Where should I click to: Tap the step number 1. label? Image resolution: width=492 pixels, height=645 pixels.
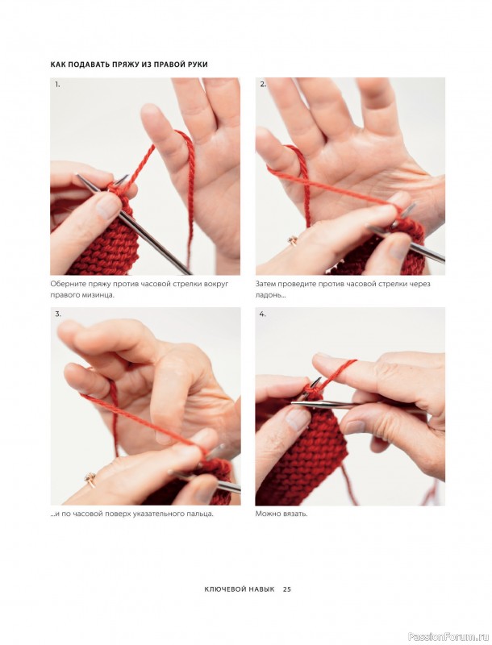57,85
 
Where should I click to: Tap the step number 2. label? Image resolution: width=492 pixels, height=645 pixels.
263,85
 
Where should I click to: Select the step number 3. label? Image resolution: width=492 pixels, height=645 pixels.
58,314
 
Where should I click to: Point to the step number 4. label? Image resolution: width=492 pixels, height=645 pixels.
263,314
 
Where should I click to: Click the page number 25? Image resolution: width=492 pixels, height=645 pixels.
286,589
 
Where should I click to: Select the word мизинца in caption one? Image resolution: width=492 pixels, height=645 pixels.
98,295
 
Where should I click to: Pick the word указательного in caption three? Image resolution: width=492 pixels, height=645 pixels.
160,514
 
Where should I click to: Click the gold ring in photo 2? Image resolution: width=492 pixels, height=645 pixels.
293,239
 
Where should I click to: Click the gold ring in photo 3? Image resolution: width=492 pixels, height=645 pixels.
90,478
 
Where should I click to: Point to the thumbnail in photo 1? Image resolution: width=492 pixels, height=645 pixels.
109,206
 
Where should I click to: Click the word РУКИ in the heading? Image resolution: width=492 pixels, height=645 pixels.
197,64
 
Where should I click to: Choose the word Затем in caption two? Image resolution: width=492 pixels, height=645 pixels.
265,284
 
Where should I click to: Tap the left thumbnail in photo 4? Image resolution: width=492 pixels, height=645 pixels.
298,419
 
